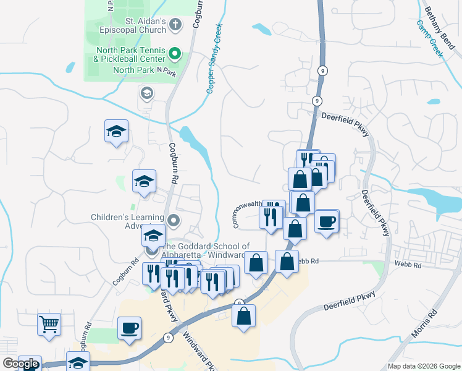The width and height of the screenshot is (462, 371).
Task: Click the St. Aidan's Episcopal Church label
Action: click(x=146, y=25)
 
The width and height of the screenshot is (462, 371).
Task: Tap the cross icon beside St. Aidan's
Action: click(x=175, y=25)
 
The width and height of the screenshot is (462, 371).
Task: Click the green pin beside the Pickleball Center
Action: click(x=175, y=54)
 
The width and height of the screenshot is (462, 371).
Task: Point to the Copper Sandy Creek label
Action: click(x=214, y=59)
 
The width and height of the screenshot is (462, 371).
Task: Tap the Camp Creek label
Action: click(x=430, y=38)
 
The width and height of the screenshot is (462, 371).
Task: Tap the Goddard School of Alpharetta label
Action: click(x=204, y=250)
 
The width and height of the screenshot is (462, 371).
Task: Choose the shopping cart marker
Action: click(x=49, y=323)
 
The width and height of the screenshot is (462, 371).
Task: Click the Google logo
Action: click(x=20, y=364)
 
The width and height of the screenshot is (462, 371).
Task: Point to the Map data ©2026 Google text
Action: click(x=424, y=365)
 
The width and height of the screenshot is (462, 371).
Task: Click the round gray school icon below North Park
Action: click(x=147, y=94)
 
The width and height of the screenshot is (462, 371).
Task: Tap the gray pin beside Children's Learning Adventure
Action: click(x=174, y=220)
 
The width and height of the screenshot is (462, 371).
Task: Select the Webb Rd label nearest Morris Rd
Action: click(x=408, y=265)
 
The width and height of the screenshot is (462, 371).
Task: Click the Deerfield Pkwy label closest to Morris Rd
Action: click(x=350, y=300)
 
